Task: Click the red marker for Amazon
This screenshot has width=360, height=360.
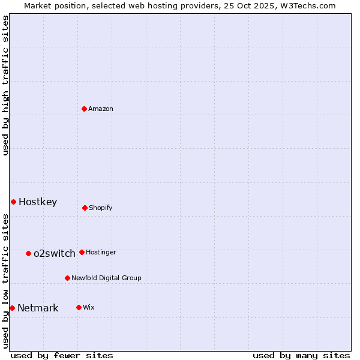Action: (x=84, y=109)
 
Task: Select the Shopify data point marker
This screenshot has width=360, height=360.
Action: (x=85, y=208)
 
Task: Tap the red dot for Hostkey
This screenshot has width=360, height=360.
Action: (x=13, y=202)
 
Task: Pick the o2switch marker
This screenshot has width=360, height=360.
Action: (x=28, y=253)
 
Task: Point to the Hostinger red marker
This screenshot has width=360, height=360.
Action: (x=82, y=252)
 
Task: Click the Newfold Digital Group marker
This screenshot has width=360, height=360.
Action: (x=67, y=278)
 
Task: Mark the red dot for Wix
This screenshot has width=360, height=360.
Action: (x=79, y=307)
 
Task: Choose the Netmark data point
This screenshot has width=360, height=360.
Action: (x=12, y=308)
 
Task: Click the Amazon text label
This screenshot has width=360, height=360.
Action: (x=101, y=109)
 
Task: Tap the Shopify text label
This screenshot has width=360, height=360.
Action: (x=101, y=208)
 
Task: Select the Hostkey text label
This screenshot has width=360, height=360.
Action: (x=38, y=202)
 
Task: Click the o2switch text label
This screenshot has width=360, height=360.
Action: (x=55, y=253)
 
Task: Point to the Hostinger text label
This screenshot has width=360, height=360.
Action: (x=101, y=252)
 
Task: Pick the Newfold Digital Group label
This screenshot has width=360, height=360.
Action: (x=106, y=278)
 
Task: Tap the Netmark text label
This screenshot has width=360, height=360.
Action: (x=38, y=308)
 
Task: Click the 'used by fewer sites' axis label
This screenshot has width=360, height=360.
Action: (x=62, y=355)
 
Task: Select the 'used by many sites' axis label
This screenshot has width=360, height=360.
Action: (x=301, y=355)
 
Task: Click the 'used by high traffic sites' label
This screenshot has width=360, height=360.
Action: (x=5, y=85)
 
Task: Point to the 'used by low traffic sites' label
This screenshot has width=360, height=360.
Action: (x=5, y=281)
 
